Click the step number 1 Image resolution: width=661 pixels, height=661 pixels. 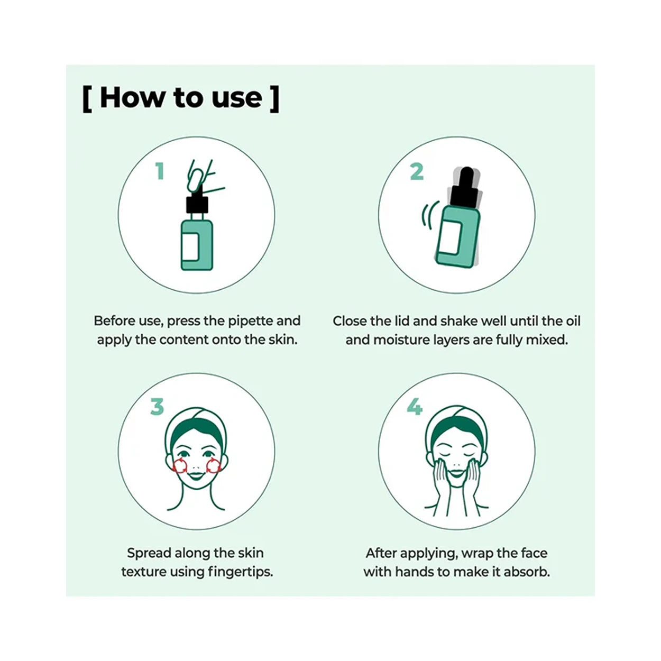point(160,171)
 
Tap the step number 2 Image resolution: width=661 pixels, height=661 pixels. point(417,171)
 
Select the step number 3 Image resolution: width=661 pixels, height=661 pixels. point(157,407)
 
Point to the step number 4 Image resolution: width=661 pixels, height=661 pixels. point(415,407)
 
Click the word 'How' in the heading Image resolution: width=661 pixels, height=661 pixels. point(132,98)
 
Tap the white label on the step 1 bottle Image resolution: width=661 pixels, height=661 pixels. point(190,246)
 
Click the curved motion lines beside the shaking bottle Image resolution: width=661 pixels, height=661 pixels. point(429,215)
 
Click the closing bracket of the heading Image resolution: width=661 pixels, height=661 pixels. point(274,99)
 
